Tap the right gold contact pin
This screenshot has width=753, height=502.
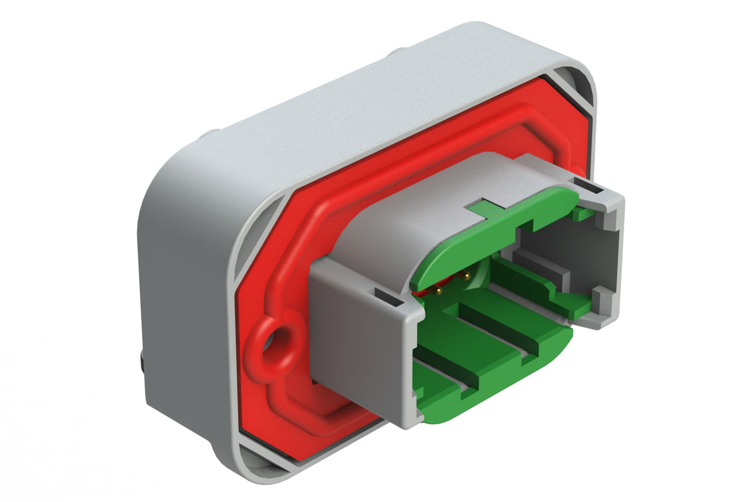pyautogui.click(x=465, y=275)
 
